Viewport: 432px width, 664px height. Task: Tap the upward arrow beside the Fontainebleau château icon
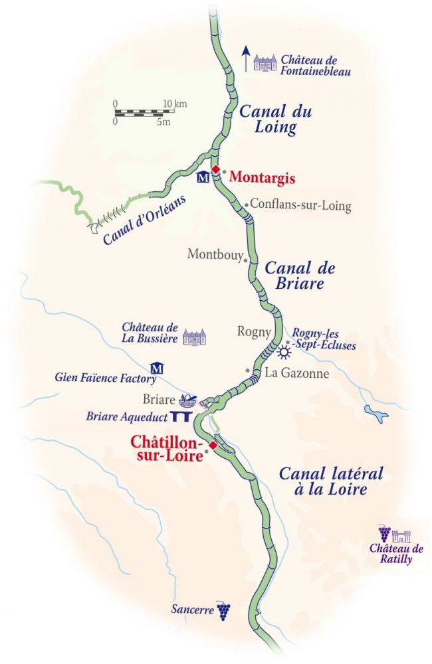(x=245, y=58)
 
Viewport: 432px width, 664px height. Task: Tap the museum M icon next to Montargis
(x=203, y=178)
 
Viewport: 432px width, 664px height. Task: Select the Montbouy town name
(x=215, y=254)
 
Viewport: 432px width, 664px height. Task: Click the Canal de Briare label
(x=299, y=276)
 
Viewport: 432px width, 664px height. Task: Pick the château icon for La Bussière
(x=195, y=337)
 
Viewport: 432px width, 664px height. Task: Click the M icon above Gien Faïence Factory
(x=158, y=368)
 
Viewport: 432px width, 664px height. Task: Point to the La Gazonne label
(x=296, y=374)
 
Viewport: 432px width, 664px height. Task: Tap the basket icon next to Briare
(x=189, y=400)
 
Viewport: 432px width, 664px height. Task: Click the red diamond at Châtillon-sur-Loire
(x=213, y=445)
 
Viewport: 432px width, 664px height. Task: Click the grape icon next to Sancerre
(x=224, y=609)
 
